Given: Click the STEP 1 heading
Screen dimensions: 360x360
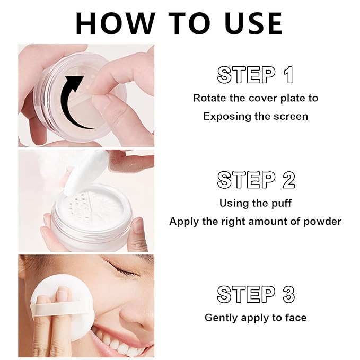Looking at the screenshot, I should point(256,75).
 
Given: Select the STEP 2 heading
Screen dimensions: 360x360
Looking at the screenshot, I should point(256,180).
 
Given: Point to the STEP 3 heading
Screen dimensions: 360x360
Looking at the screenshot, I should point(256,294).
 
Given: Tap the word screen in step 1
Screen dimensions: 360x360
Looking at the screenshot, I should point(290,116).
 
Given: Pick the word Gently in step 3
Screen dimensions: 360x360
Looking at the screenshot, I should point(220,318).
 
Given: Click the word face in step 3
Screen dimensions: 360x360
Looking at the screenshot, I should point(295,318).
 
